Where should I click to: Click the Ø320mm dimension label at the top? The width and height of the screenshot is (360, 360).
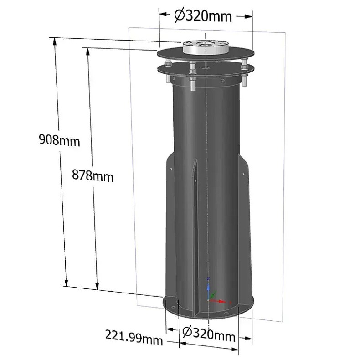click(x=203, y=16)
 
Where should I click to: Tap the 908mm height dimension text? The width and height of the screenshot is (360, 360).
click(x=59, y=140)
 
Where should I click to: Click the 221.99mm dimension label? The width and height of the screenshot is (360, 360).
click(x=134, y=337)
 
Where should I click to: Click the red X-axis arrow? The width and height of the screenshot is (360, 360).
click(x=221, y=301)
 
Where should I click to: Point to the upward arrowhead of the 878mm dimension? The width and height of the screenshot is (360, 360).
click(x=86, y=51)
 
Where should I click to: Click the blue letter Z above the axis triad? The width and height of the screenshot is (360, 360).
click(x=208, y=278)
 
